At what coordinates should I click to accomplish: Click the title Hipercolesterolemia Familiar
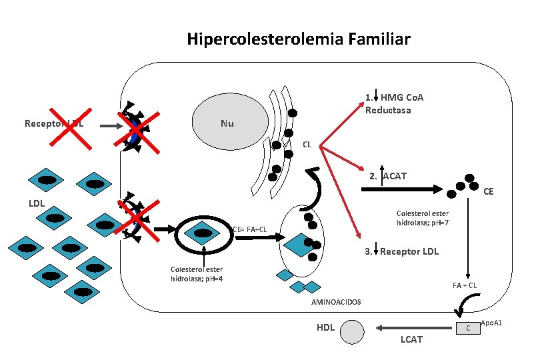299,39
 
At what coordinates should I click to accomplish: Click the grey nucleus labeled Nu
228,123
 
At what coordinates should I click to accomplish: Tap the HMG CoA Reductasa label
397,103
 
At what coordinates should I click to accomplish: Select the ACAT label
394,177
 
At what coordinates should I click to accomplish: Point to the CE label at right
489,191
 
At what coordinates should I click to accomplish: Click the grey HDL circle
353,331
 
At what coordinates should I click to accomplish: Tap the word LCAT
411,340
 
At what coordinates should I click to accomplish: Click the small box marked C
468,327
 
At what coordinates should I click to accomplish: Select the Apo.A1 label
491,323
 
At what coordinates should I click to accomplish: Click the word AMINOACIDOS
336,302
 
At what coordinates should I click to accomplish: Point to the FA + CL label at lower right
464,285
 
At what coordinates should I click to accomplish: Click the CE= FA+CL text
249,229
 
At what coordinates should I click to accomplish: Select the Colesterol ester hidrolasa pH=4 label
196,273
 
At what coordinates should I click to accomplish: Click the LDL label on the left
36,203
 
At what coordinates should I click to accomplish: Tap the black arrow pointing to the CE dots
400,189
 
